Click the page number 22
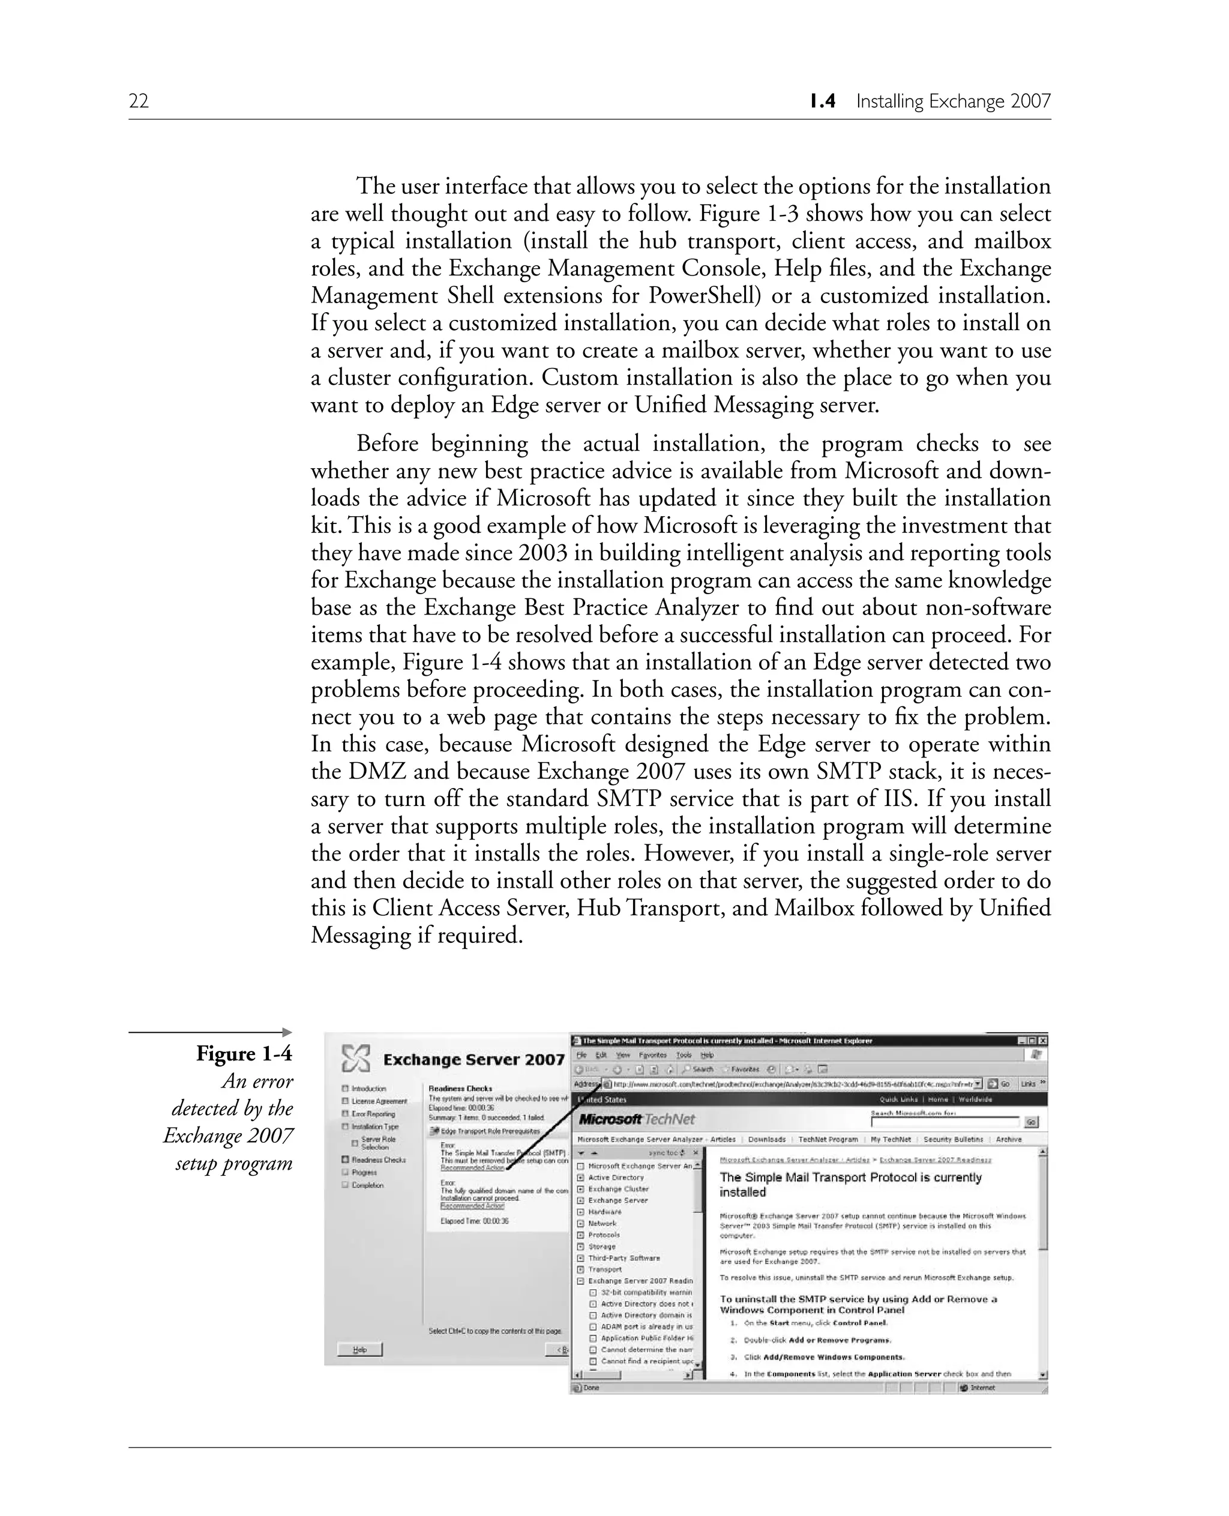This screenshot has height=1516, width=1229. tap(139, 101)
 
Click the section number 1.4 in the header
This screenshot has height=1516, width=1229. tap(823, 101)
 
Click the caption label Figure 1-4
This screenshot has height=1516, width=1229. tap(244, 1054)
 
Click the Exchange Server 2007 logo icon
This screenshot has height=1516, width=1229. tap(355, 1059)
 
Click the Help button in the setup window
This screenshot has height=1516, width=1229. tap(359, 1350)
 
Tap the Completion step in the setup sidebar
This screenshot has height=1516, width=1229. tap(367, 1185)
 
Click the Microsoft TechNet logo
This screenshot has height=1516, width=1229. tap(637, 1119)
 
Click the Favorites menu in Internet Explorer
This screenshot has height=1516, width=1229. tap(652, 1055)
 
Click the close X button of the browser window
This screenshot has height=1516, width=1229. tap(1042, 1041)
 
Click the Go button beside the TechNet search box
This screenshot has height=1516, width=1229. tap(1032, 1122)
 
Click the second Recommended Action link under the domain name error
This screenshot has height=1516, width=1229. tap(472, 1206)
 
